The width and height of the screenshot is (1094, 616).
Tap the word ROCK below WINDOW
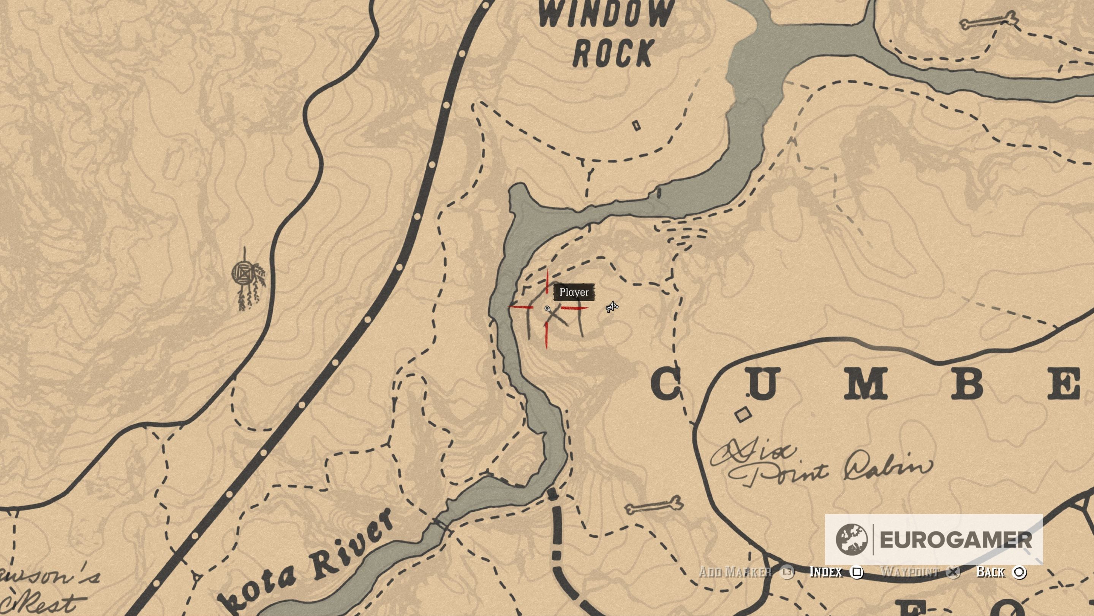[613, 53]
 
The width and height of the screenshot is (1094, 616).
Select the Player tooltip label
[574, 292]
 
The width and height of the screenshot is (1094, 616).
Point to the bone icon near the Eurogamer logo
[654, 506]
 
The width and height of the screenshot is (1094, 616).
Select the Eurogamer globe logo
[851, 539]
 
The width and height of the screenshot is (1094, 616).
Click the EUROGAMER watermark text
[956, 540]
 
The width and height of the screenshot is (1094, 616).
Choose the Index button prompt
[836, 572]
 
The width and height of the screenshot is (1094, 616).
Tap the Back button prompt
[1001, 572]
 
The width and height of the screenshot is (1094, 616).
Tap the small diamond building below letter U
[743, 414]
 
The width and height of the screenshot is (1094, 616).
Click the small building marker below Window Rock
[636, 125]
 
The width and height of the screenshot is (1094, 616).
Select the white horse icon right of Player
[612, 306]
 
